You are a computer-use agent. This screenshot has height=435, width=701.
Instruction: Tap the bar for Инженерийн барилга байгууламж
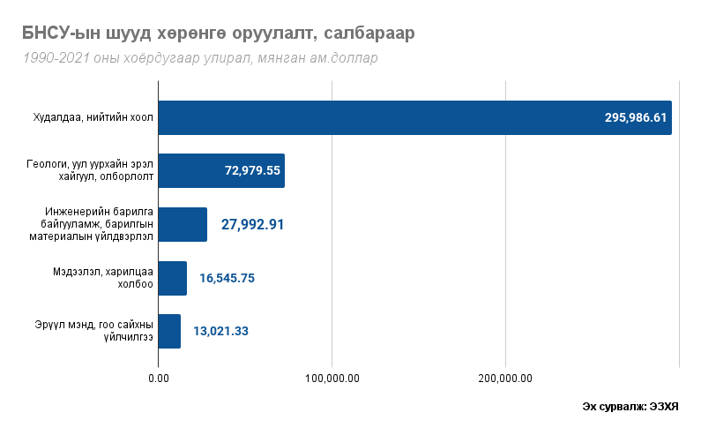(183, 224)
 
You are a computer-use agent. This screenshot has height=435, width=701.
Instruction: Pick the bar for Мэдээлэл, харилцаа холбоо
(173, 278)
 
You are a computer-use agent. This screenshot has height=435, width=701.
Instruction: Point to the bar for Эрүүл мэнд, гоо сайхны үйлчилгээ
(169, 331)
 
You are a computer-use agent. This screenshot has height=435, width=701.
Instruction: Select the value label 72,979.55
(252, 170)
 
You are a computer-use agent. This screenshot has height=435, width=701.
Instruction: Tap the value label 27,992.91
(252, 224)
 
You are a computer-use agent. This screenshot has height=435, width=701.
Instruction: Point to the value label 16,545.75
(227, 278)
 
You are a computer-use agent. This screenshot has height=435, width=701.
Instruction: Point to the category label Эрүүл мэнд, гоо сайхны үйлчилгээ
(100, 331)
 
